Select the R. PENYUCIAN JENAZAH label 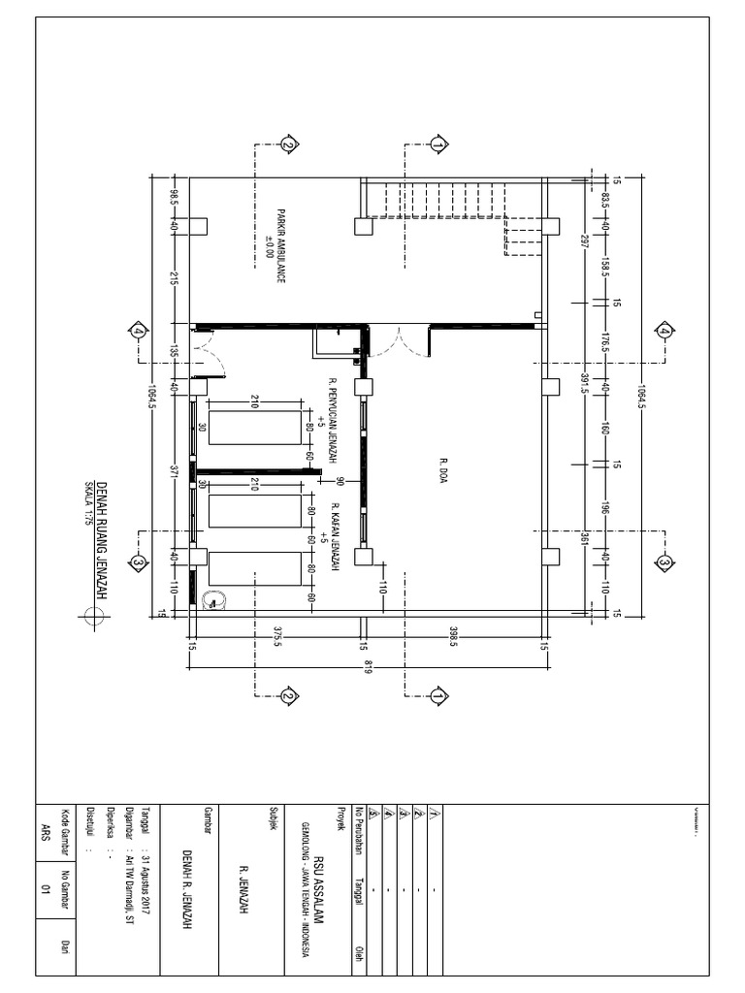(332, 419)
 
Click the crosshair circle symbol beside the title (94, 615)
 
